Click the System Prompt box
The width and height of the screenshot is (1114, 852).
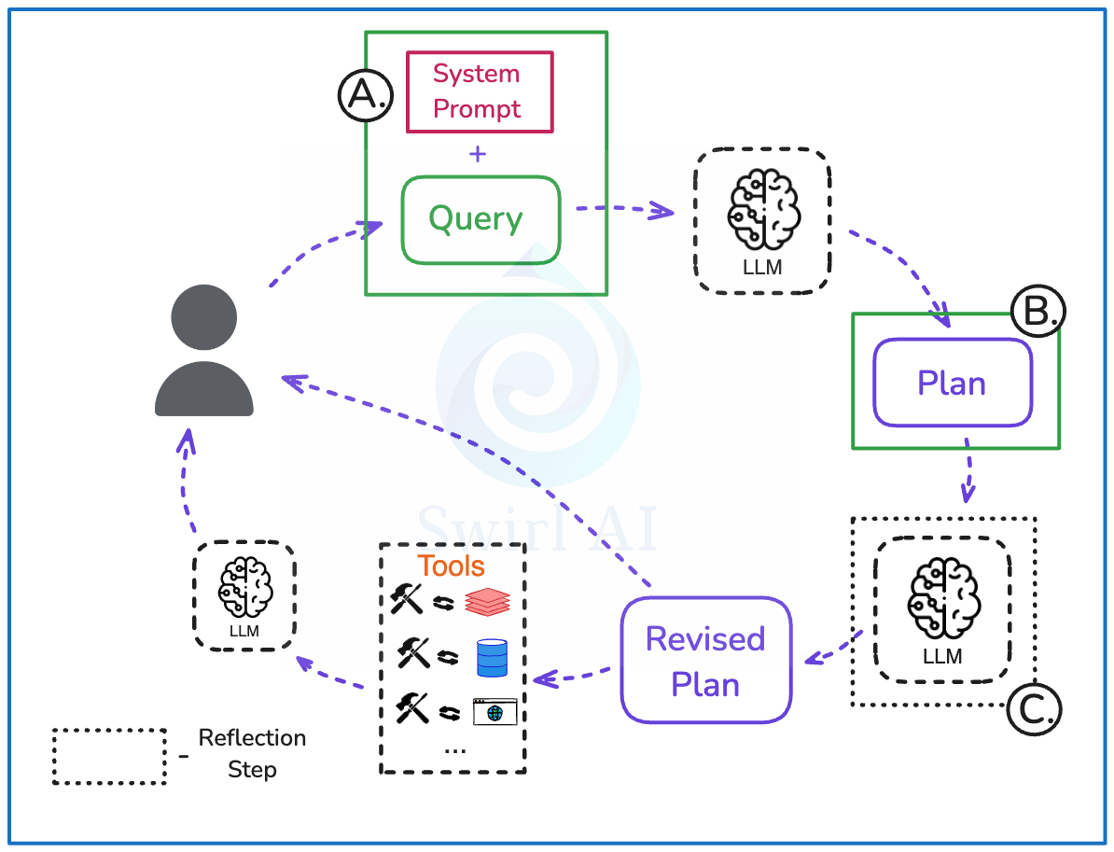click(479, 91)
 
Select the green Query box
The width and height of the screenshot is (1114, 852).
click(480, 219)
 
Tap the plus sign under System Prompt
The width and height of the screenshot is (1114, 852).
click(478, 154)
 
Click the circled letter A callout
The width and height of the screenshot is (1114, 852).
click(365, 96)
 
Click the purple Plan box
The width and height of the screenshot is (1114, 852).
click(952, 383)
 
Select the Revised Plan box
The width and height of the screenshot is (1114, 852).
click(705, 661)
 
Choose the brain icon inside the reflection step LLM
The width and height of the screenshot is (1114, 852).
click(942, 598)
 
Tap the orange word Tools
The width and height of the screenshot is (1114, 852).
click(452, 566)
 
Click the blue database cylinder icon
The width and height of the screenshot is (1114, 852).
click(491, 658)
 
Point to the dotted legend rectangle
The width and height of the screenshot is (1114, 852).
click(109, 756)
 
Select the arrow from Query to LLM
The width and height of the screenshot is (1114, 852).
click(623, 209)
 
